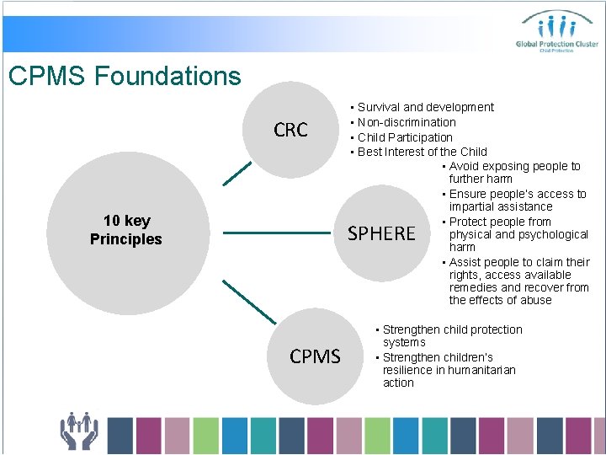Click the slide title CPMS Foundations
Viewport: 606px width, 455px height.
click(x=125, y=77)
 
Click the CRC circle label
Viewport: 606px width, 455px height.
click(x=290, y=130)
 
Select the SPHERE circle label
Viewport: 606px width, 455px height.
click(x=381, y=233)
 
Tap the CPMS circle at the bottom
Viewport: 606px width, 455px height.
click(x=315, y=356)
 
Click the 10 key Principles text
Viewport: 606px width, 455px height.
click(x=125, y=230)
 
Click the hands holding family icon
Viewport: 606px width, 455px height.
click(x=79, y=431)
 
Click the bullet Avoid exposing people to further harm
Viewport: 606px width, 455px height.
click(x=513, y=173)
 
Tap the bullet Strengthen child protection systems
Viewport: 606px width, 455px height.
click(x=451, y=335)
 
